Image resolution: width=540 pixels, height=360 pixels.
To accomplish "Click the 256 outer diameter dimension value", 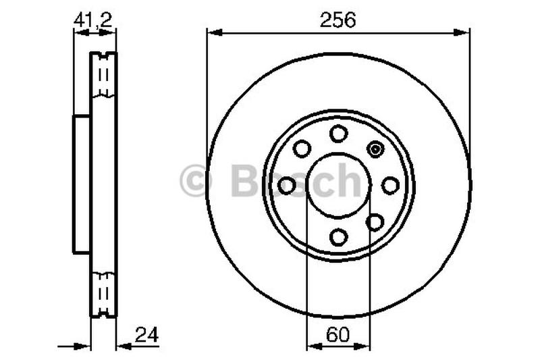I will [x=338, y=20].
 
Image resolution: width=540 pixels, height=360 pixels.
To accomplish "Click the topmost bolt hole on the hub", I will [x=338, y=133].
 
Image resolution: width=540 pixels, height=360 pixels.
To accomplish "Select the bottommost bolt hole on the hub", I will [x=338, y=236].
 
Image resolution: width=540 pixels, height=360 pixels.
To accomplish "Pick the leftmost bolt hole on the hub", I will [x=287, y=185].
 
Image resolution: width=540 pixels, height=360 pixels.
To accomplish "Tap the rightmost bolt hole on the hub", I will [x=390, y=185].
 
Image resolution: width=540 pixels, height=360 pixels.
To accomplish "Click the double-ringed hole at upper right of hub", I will [x=375, y=149].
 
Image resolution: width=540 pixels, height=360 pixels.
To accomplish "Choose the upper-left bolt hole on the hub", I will [x=302, y=149].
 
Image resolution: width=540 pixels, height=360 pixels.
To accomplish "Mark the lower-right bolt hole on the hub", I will [x=375, y=222].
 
